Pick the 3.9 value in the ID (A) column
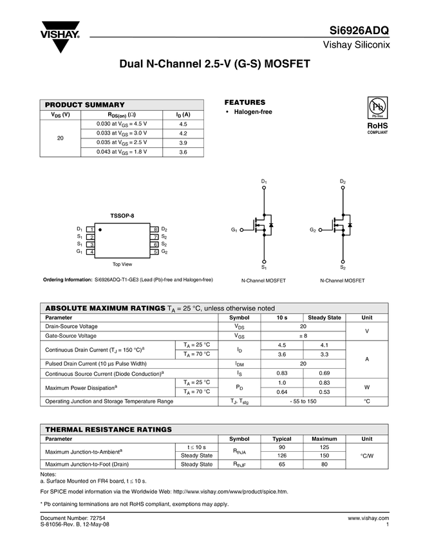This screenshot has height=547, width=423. (183, 142)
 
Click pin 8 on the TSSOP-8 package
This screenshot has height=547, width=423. (155, 229)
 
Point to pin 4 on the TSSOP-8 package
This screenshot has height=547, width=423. (92, 252)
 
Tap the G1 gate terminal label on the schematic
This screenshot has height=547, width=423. (234, 230)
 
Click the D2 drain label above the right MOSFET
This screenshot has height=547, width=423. (343, 182)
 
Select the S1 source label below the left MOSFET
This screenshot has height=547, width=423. (264, 267)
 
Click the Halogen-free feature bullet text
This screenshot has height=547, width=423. (252, 112)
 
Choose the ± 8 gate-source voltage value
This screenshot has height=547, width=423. (303, 336)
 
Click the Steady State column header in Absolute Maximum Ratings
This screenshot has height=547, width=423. (324, 318)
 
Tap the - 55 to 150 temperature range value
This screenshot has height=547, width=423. (303, 401)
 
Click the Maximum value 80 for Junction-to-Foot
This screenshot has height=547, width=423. (324, 464)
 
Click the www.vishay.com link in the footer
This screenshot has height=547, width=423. (368, 517)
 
